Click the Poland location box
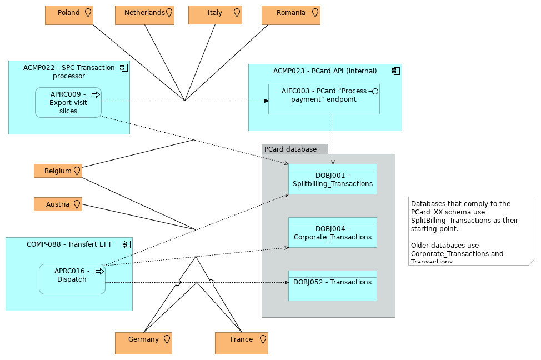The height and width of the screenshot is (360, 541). coord(69,15)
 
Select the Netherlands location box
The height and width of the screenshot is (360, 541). coord(144,15)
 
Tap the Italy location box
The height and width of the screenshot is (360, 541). coord(215,15)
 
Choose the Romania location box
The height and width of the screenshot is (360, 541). coord(290,15)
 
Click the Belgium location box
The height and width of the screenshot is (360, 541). coord(58,171)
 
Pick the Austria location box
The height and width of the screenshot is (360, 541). coord(58,204)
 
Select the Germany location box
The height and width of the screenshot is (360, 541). coord(143,343)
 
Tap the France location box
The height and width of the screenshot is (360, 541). coord(242,343)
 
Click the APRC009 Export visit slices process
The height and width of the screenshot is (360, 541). coord(68,103)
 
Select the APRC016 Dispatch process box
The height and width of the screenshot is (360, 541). coord(72,279)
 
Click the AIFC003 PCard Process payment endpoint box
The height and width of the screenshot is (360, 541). coord(324,99)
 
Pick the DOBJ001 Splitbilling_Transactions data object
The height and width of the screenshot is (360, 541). coord(332,179)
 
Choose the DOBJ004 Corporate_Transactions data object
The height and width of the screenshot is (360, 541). coord(332,233)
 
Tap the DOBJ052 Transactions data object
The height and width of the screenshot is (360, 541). coord(332,286)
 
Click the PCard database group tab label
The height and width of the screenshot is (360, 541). coord(294,149)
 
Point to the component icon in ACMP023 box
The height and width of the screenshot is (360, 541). coord(395,71)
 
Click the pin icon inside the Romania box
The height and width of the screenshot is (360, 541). coord(315,13)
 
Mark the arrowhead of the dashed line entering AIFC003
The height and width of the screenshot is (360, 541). coord(266,101)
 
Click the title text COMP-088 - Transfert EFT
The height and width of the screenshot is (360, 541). coord(69,244)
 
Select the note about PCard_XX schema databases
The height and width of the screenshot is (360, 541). coord(471,231)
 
